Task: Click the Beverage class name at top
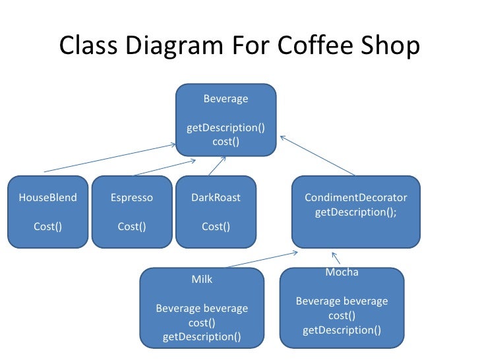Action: coord(225,100)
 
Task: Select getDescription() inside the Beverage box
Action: coord(225,128)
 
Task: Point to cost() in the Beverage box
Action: coord(225,142)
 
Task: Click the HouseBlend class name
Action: coord(47,198)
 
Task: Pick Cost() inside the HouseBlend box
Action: coord(47,227)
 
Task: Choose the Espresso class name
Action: coord(132,198)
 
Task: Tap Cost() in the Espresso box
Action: coord(132,227)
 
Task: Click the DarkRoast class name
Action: coord(216,198)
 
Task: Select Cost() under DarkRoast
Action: coord(216,227)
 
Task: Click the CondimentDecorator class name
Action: coord(356,198)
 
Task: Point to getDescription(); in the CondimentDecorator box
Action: coord(356,212)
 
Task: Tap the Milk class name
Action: coord(202,280)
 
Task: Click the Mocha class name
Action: coord(342,272)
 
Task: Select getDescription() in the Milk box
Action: coord(202,338)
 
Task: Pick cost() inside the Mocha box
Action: coord(342,316)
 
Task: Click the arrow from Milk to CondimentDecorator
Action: coord(259,259)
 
